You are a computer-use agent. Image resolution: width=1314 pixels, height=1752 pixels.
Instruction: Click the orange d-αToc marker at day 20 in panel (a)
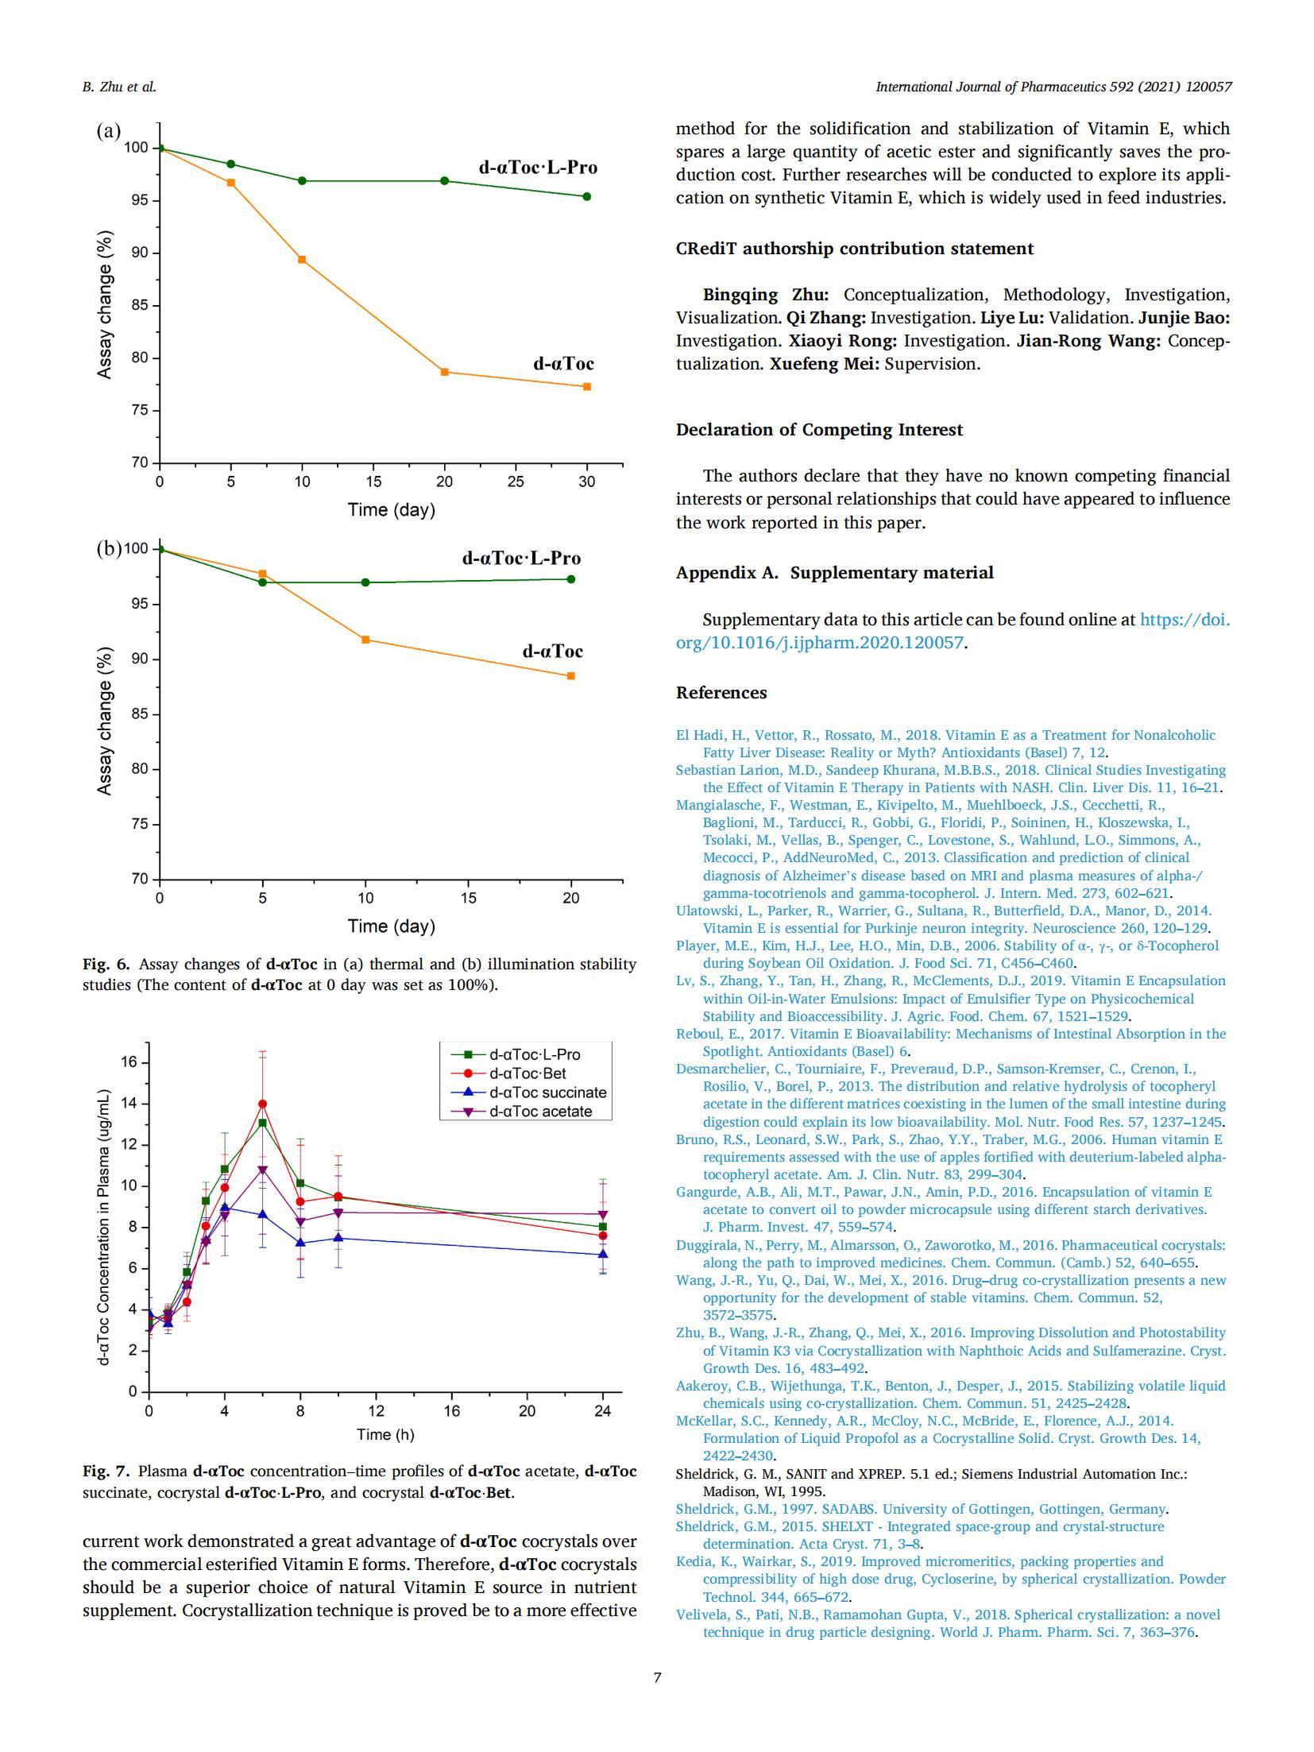pyautogui.click(x=444, y=372)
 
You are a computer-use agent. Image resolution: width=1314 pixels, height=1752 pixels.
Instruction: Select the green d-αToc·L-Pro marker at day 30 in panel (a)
pyautogui.click(x=587, y=196)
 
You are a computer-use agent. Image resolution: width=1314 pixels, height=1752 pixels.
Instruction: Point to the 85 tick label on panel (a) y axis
pyautogui.click(x=140, y=305)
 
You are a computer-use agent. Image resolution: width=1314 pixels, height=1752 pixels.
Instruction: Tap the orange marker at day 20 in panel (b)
pyautogui.click(x=571, y=676)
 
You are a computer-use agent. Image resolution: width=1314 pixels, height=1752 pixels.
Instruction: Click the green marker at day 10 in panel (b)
pyautogui.click(x=365, y=582)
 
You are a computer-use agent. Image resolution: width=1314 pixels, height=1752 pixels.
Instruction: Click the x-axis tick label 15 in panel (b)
pyautogui.click(x=468, y=898)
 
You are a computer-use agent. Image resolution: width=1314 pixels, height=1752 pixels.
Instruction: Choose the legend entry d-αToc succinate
pyautogui.click(x=547, y=1093)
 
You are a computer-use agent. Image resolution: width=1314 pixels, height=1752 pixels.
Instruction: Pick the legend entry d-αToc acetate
pyautogui.click(x=540, y=1112)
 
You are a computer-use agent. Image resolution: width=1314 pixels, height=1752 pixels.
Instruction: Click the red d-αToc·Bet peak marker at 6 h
pyautogui.click(x=262, y=1104)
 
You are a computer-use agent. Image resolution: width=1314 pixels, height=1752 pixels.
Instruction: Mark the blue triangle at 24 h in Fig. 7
pyautogui.click(x=603, y=1254)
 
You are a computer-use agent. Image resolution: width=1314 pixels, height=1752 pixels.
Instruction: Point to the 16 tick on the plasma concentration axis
pyautogui.click(x=129, y=1062)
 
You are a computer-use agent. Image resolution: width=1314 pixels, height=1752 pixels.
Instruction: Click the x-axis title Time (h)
pyautogui.click(x=385, y=1434)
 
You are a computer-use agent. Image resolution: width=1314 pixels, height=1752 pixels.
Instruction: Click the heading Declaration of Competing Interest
pyautogui.click(x=819, y=430)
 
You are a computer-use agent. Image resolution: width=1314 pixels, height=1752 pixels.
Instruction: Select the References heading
pyautogui.click(x=721, y=693)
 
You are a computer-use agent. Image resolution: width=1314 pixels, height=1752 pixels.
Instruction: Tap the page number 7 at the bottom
pyautogui.click(x=657, y=1677)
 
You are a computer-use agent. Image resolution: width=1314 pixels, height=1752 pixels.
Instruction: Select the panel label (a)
pyautogui.click(x=109, y=131)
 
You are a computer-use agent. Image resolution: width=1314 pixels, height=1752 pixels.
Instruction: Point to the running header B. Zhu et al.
pyautogui.click(x=119, y=87)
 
